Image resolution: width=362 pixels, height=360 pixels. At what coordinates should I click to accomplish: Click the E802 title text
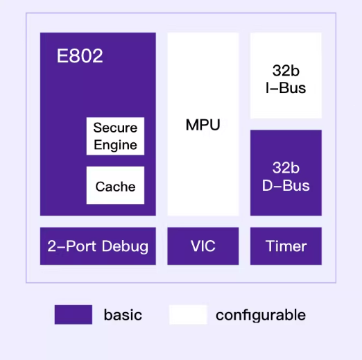[80, 55]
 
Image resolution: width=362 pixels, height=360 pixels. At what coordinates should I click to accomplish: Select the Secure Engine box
[115, 136]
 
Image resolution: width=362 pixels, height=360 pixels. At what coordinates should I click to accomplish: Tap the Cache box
[115, 185]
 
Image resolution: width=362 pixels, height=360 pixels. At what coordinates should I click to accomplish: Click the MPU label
[203, 125]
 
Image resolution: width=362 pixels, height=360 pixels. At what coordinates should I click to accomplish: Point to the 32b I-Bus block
[286, 76]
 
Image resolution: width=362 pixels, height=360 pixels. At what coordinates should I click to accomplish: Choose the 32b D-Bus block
[286, 173]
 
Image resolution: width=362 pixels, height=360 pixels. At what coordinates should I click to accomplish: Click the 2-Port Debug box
[98, 246]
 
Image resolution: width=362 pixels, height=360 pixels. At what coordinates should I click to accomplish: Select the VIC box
[203, 246]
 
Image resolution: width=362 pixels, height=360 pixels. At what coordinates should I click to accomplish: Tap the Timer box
[286, 246]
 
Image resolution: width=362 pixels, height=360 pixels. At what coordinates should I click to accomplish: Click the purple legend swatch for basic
[74, 315]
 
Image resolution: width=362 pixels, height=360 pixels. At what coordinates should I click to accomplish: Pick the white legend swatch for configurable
[188, 315]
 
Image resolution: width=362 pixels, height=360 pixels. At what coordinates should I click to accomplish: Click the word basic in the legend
[123, 315]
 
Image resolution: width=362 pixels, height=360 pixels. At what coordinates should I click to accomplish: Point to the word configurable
[261, 315]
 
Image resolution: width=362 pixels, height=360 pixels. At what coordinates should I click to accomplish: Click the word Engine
[115, 146]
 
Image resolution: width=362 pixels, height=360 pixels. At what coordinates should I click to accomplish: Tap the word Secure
[115, 128]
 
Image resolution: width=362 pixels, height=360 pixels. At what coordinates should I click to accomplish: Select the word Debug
[125, 246]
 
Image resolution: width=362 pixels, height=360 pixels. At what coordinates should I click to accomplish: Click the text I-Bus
[286, 88]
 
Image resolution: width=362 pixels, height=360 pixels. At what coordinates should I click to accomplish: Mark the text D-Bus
[286, 185]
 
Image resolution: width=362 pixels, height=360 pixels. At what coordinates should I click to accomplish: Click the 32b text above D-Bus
[286, 168]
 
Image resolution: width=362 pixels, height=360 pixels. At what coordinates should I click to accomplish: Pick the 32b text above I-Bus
[286, 70]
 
